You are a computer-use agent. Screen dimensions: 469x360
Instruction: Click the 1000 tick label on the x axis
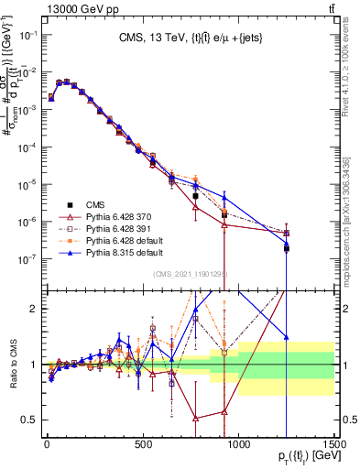coord(238,446)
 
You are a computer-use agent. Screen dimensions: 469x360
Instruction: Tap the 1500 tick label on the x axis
coord(333,446)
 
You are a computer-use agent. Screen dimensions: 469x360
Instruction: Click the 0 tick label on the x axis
coord(48,446)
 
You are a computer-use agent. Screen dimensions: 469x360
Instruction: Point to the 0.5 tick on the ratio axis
coord(31,420)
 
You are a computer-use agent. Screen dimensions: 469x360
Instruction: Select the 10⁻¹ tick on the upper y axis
coord(30,35)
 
